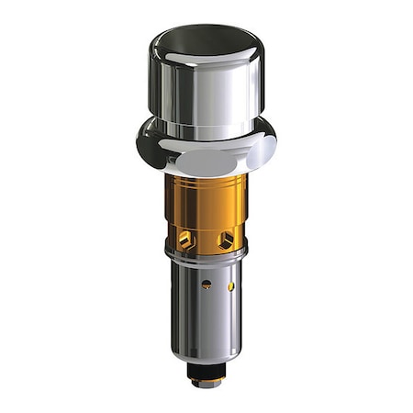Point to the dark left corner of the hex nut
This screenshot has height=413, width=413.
coord(144,144)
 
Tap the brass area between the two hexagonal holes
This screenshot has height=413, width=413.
coord(206,234)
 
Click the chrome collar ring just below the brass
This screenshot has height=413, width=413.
coord(206,258)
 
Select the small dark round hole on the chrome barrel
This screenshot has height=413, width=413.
coord(206,285)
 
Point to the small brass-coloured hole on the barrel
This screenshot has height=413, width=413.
coord(230,286)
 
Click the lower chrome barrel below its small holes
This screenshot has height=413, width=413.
coord(206,321)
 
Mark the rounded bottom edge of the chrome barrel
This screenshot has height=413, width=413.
coord(206,358)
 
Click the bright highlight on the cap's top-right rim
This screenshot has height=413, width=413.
coord(246,46)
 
